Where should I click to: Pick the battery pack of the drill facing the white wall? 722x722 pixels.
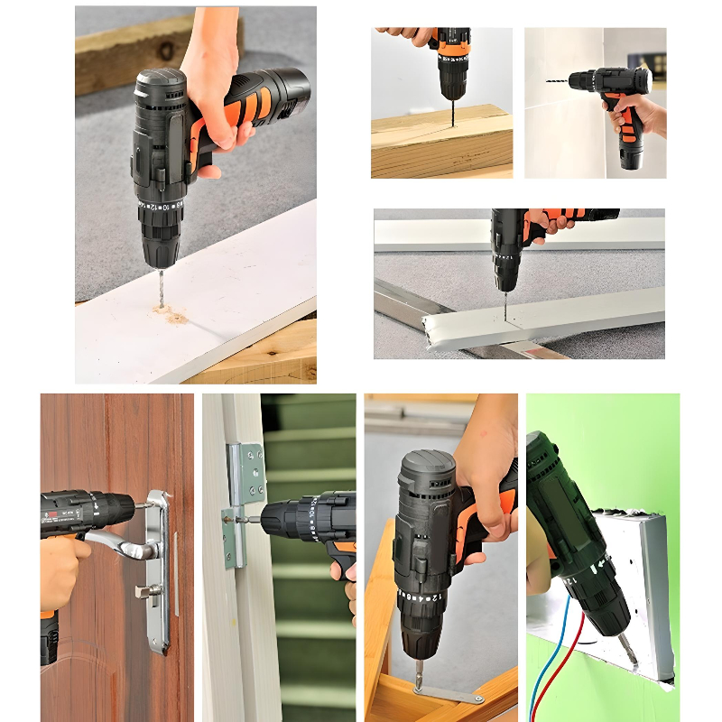pyautogui.click(x=630, y=153)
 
